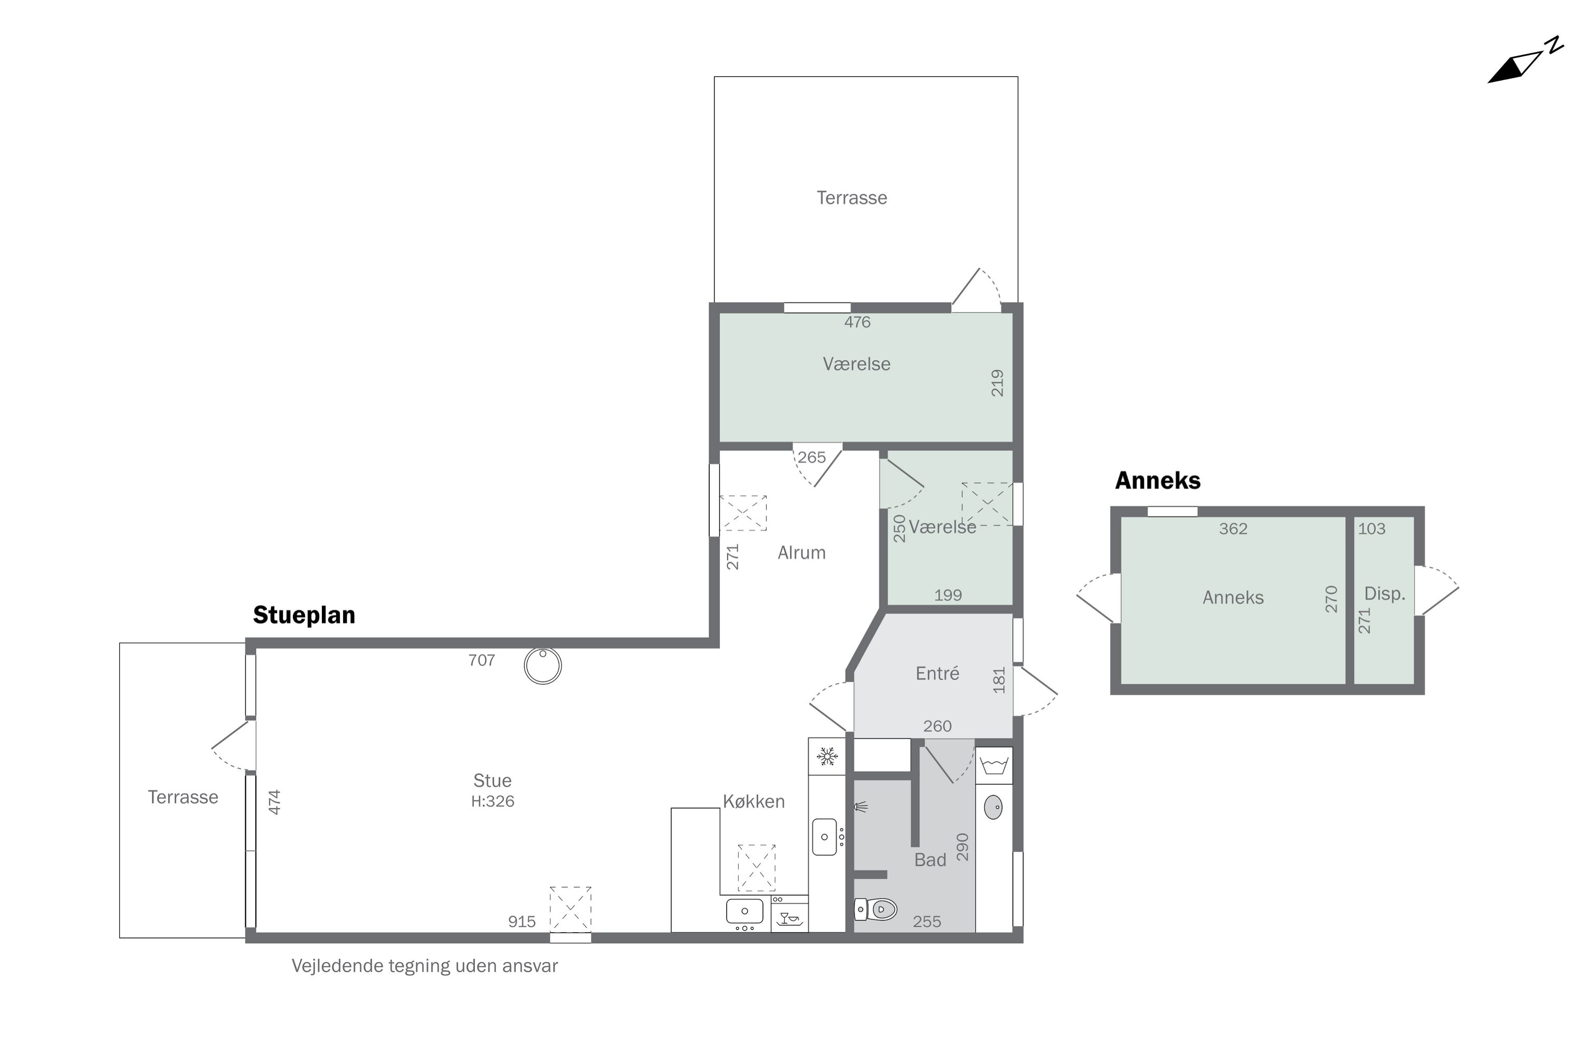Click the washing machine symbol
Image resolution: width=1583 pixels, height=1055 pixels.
[994, 766]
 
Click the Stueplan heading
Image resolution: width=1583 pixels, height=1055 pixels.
[304, 615]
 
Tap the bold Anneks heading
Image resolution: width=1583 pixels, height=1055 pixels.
[1158, 481]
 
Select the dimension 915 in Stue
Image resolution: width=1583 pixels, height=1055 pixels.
[522, 922]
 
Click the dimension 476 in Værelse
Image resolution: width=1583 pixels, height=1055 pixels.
[857, 322]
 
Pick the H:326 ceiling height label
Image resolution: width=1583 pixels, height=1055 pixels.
[493, 801]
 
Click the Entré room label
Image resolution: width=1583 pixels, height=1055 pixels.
[938, 674]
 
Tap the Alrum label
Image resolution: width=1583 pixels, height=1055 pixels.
[802, 553]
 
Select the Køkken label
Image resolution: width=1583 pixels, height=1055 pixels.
[754, 801]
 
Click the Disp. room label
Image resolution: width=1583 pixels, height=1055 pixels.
[1385, 594]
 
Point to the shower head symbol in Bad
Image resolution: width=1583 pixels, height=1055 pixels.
[861, 807]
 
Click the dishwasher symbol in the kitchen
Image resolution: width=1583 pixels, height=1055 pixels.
[789, 918]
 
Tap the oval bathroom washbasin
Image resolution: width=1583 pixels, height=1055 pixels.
[994, 808]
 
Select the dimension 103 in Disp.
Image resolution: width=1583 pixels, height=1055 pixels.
[1371, 529]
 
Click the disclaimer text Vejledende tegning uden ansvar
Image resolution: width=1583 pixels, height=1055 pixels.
[425, 966]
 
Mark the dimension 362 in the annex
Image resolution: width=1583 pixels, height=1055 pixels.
[1233, 529]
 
